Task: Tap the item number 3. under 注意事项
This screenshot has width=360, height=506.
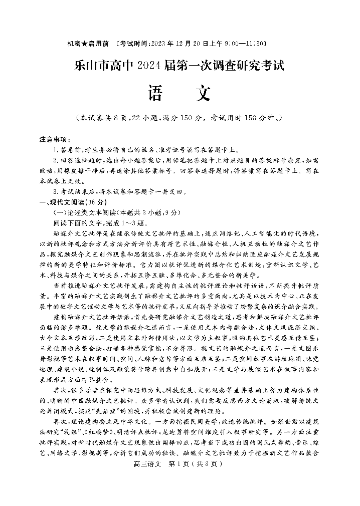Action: coord(56,191)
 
